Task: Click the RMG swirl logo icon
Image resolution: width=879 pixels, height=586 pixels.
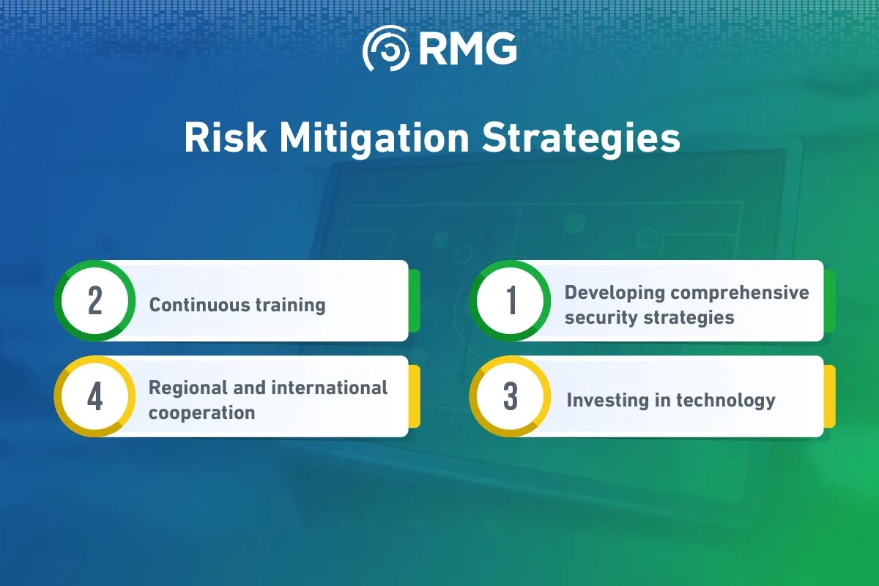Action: point(387,48)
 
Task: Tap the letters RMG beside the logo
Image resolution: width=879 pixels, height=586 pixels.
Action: point(469,48)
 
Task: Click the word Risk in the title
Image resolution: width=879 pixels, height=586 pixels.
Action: point(226,138)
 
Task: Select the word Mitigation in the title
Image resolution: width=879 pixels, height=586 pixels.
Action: point(374,139)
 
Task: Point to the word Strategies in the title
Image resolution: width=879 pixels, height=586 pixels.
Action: point(581,139)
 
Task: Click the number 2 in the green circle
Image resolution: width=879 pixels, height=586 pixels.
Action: point(95,300)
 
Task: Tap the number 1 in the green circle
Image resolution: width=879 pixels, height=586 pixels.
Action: point(511,300)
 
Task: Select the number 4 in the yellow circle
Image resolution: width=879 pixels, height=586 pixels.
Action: point(95,396)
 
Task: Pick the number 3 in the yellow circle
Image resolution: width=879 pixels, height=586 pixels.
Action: point(511,396)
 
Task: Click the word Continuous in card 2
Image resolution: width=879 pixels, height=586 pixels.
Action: point(199,305)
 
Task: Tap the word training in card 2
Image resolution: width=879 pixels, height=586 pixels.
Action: point(291,305)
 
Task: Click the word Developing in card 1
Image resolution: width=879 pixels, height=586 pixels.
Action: point(615,294)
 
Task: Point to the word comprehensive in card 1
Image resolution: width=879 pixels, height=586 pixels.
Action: point(740,294)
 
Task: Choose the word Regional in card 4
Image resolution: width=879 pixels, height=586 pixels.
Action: point(188,388)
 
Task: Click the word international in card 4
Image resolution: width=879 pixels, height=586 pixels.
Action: point(329,387)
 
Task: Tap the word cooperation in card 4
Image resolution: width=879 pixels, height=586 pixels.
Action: point(201,413)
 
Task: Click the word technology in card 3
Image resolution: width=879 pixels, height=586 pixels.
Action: point(726,401)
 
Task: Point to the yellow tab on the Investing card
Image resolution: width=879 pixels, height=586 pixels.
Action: point(829,396)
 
